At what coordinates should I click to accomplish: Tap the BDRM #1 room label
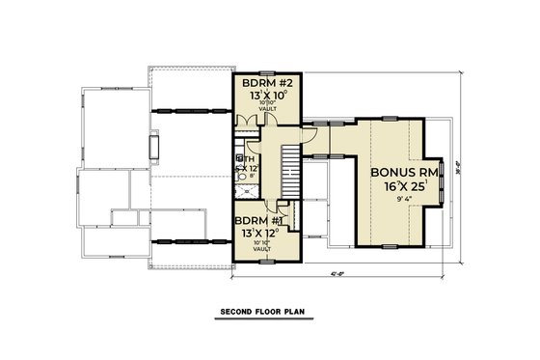click(x=256, y=219)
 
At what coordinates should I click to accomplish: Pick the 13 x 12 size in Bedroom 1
click(x=256, y=232)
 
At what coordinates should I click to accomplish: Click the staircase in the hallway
click(x=289, y=172)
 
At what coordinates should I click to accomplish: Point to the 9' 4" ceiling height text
click(x=400, y=203)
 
